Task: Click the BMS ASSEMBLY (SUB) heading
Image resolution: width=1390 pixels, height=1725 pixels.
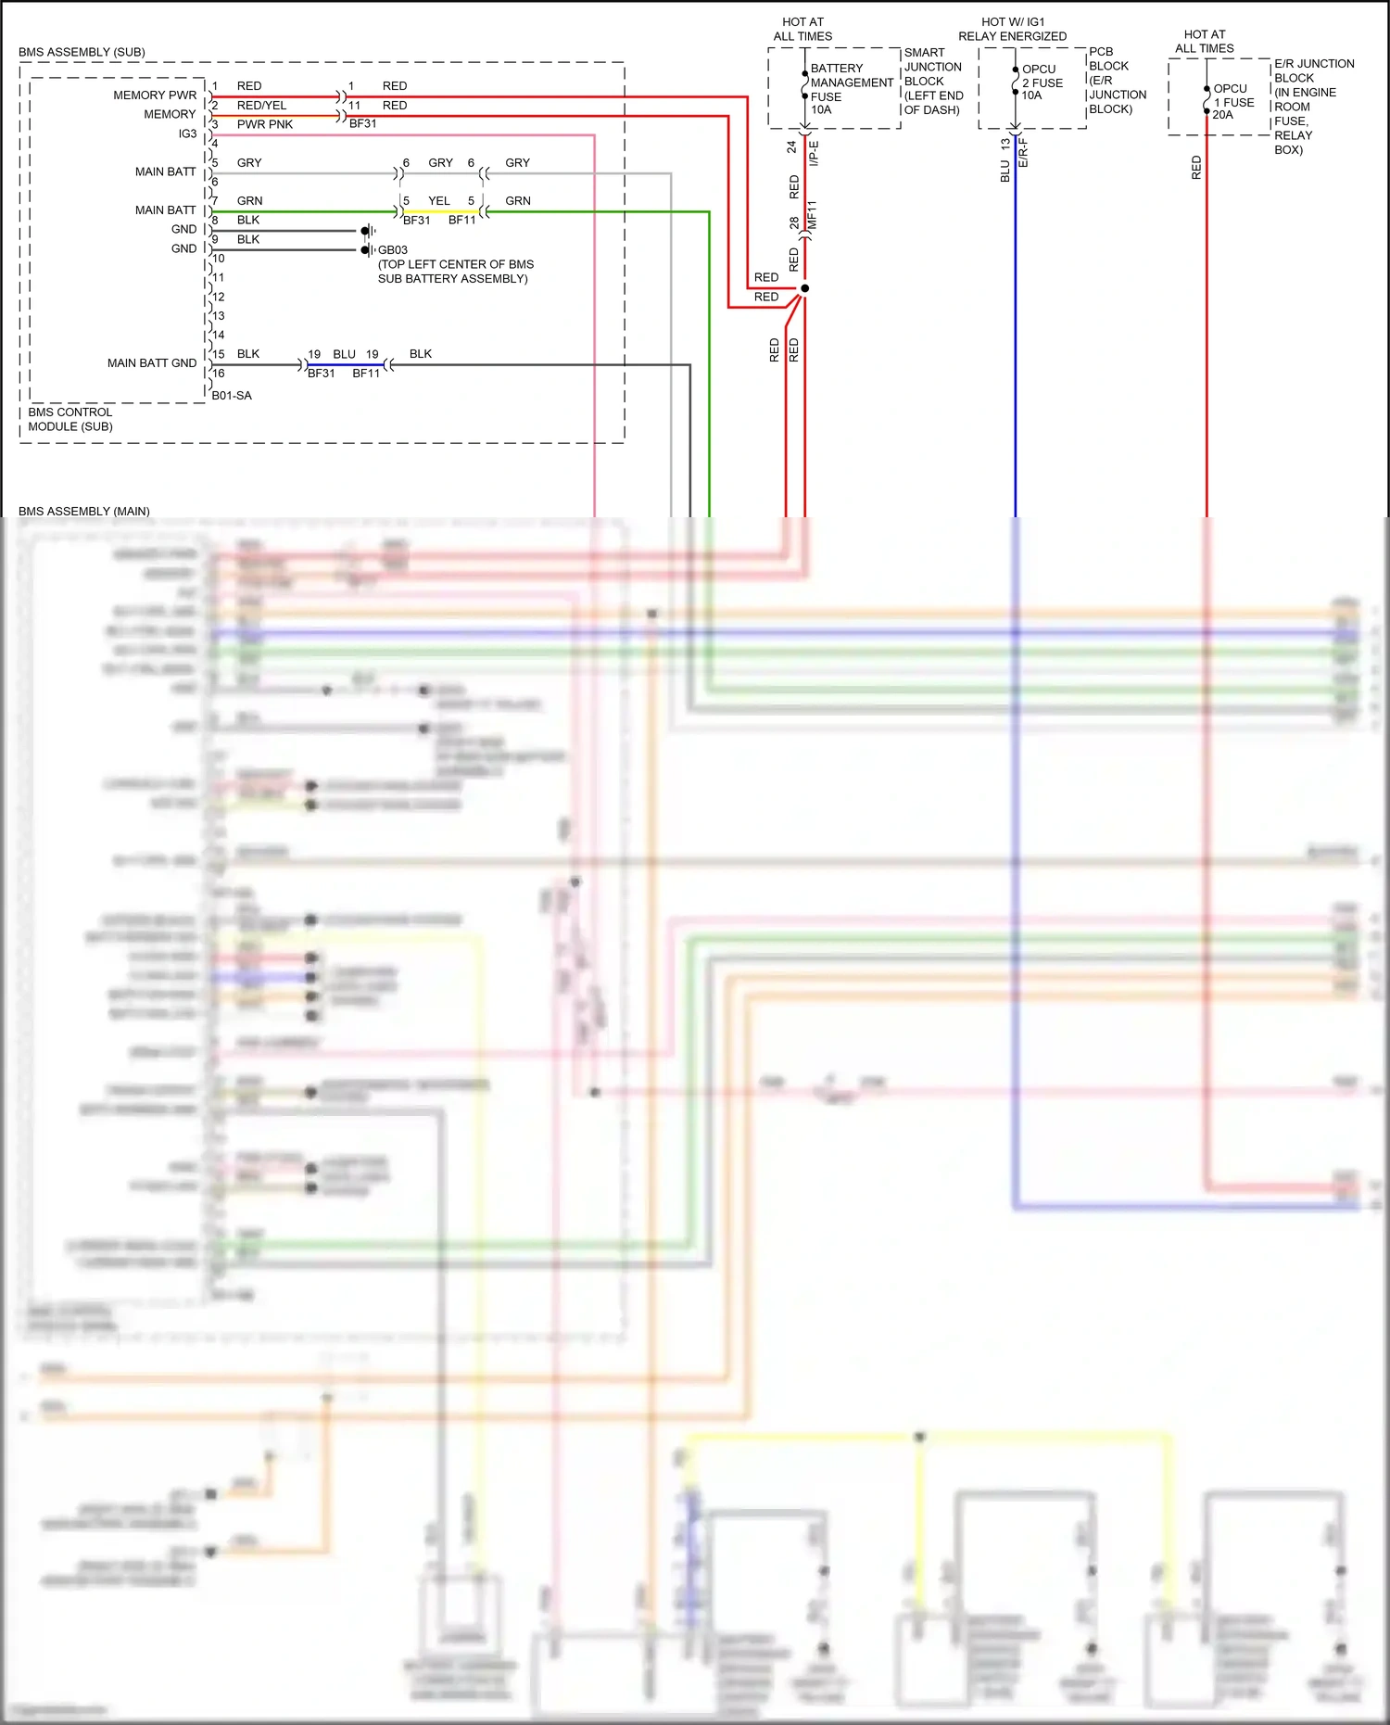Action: (x=82, y=52)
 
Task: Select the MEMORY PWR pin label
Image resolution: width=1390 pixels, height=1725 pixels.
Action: (x=155, y=95)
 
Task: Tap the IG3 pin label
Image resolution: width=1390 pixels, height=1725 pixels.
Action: (x=187, y=133)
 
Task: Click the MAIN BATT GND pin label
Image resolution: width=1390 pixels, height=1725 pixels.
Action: (x=151, y=362)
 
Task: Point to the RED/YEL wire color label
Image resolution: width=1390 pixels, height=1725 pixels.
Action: (x=261, y=105)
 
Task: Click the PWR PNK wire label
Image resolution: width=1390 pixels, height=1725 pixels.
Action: (x=264, y=124)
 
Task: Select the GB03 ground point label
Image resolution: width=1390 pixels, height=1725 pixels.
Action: (x=392, y=249)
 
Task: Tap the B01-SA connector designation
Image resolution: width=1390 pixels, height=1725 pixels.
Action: (x=232, y=395)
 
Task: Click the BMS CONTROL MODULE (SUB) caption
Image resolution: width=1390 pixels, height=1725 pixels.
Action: (x=70, y=419)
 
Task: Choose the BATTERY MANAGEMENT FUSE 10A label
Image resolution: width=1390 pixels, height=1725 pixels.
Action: (x=850, y=88)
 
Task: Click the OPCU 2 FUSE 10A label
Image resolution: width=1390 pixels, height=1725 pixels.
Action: (x=1042, y=82)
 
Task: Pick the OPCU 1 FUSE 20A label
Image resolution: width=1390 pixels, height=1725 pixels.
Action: (x=1232, y=101)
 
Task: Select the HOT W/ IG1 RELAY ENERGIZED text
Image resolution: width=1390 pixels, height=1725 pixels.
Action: (x=1012, y=29)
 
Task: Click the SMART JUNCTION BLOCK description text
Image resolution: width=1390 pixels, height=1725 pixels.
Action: (x=933, y=81)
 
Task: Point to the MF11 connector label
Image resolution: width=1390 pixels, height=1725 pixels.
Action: (x=813, y=215)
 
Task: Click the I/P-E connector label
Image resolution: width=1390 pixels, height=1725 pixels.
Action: (x=815, y=153)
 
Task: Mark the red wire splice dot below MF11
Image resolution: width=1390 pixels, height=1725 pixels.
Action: (x=804, y=288)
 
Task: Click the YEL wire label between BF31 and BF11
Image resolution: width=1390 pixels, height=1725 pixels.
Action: (x=439, y=200)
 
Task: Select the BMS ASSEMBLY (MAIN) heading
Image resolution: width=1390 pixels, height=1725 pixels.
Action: (x=84, y=511)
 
